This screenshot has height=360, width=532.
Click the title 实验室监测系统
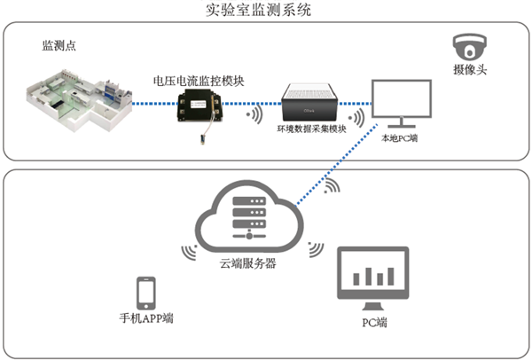(265, 11)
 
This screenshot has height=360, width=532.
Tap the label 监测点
(59, 45)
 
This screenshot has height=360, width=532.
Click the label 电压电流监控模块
(198, 81)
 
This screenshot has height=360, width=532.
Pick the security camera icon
(466, 46)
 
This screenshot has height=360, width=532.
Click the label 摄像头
(466, 69)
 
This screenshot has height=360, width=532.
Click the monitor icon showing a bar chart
(373, 277)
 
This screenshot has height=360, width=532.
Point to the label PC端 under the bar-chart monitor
(373, 322)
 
